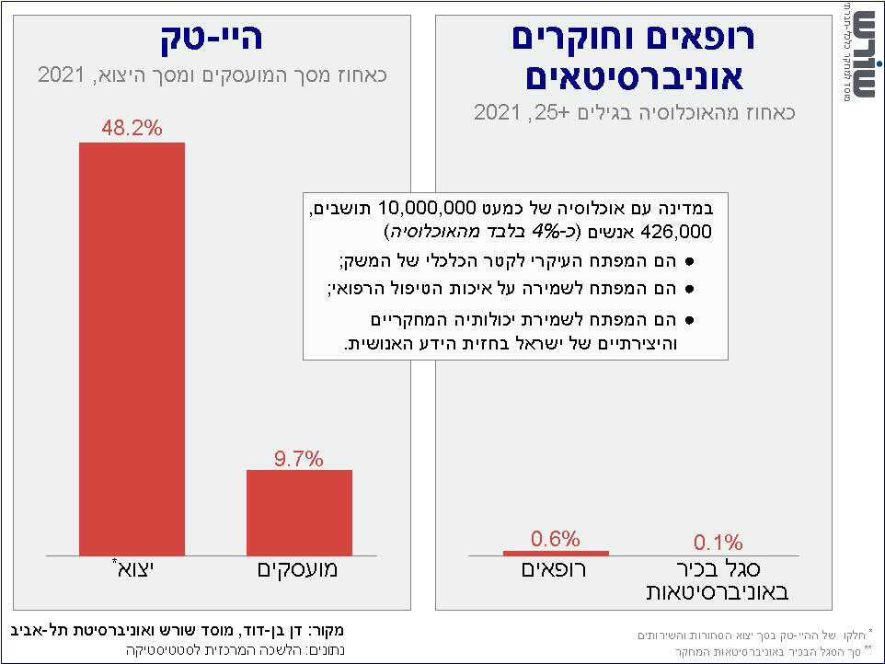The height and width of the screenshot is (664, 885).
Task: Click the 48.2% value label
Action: point(132,129)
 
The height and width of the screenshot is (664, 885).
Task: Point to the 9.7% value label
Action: point(299,459)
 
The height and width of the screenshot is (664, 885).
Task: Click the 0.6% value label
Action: point(556,539)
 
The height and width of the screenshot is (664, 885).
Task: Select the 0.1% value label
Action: point(718,543)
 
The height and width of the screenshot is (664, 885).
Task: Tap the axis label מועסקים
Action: point(296,569)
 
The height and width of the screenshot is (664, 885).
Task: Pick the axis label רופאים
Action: point(555,569)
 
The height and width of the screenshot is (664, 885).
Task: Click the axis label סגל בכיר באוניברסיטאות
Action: point(717,580)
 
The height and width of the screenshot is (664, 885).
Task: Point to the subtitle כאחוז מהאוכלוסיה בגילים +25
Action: point(634,113)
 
